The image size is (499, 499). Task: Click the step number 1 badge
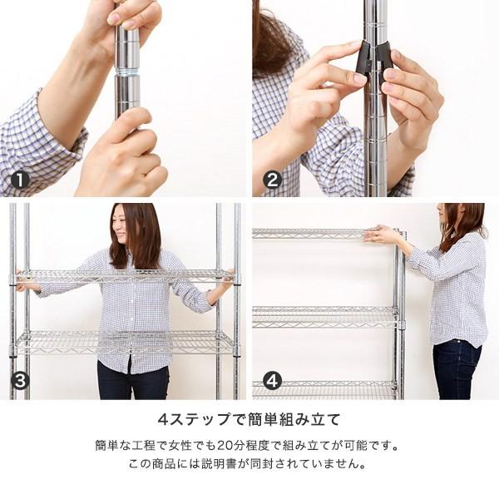point(20,180)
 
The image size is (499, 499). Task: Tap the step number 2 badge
point(273,180)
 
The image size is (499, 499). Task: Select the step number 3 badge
point(20,381)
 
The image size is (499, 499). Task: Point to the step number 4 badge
point(273,381)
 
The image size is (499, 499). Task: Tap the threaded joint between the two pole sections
point(126,71)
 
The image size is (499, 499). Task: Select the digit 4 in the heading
point(164,419)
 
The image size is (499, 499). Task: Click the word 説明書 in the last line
point(219,464)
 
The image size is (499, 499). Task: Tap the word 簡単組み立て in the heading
point(294,419)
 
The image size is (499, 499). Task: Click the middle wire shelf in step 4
point(325,317)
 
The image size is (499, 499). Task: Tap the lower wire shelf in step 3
point(124,343)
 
